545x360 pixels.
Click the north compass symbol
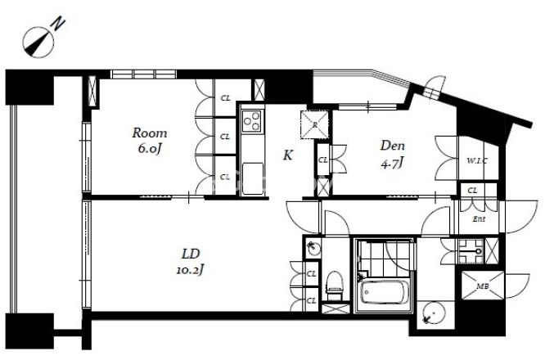coord(38,43)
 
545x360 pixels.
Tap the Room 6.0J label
coord(150,141)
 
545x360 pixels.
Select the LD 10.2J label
coord(191,262)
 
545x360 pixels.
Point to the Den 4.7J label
coord(393,154)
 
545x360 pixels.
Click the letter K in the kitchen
coord(288,155)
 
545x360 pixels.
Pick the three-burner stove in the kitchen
coord(253,120)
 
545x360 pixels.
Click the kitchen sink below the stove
coord(253,179)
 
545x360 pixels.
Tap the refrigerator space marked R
coord(314,124)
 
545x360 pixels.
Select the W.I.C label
coord(476,161)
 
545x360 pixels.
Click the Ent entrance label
coord(479,219)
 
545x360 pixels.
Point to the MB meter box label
coord(483,286)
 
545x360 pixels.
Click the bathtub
coord(384,293)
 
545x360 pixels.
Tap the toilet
coord(335,286)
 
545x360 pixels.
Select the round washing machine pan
coord(432,314)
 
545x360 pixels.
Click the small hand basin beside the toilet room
coord(313,247)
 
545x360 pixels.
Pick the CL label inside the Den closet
coord(323,160)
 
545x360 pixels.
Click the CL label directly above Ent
coord(472,191)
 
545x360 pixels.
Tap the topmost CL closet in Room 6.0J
coord(226,98)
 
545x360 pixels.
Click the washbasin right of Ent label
coord(471,251)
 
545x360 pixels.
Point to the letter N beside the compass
coord(58,24)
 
